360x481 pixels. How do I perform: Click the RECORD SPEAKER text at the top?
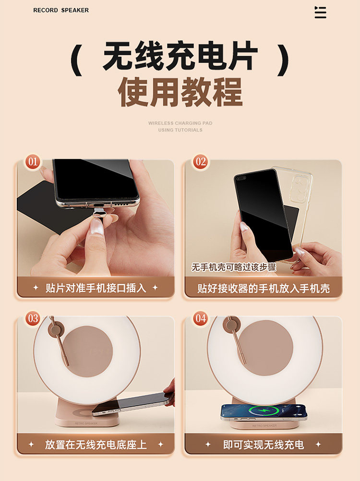61,10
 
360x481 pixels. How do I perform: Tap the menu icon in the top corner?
321,12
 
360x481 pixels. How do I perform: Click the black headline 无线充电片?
180,56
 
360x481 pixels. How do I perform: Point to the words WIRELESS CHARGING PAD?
180,123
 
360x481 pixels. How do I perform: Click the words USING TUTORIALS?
180,130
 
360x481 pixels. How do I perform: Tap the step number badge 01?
33,162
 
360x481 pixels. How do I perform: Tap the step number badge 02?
201,162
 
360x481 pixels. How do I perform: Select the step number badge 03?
33,318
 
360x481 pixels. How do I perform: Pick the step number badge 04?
201,318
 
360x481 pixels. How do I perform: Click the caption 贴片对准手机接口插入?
96,288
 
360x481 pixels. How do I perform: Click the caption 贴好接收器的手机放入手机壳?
264,289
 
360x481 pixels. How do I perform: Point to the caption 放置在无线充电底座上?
96,445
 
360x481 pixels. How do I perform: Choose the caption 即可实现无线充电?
264,445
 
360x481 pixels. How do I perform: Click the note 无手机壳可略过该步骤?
234,267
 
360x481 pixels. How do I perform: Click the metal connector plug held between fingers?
101,213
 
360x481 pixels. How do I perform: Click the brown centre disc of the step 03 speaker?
87,351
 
